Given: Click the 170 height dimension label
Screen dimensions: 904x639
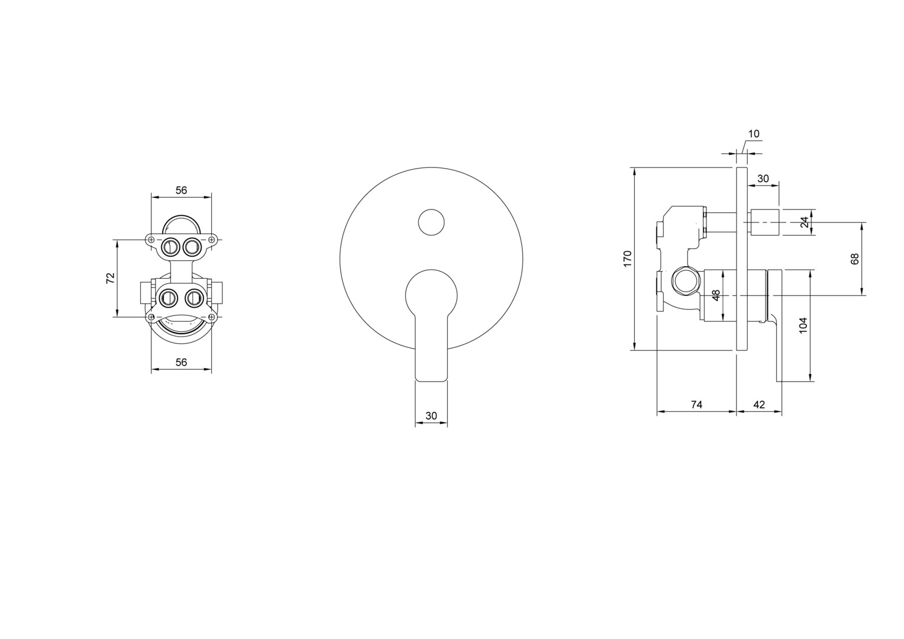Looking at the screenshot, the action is pyautogui.click(x=627, y=259).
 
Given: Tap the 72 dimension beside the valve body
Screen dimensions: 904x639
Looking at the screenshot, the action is pyautogui.click(x=111, y=278).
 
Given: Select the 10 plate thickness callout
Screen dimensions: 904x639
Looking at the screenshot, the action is pyautogui.click(x=754, y=134).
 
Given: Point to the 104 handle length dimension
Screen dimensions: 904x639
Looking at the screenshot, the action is pyautogui.click(x=803, y=325).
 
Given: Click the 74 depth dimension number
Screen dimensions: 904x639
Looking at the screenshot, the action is pyautogui.click(x=696, y=405).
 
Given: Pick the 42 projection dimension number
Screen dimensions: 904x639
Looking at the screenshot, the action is pyautogui.click(x=759, y=405).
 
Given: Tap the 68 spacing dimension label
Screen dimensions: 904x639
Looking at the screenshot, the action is pyautogui.click(x=855, y=259).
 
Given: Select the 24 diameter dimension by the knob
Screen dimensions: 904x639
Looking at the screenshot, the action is pyautogui.click(x=805, y=222).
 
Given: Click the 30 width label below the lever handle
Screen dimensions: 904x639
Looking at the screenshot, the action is pyautogui.click(x=431, y=416).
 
